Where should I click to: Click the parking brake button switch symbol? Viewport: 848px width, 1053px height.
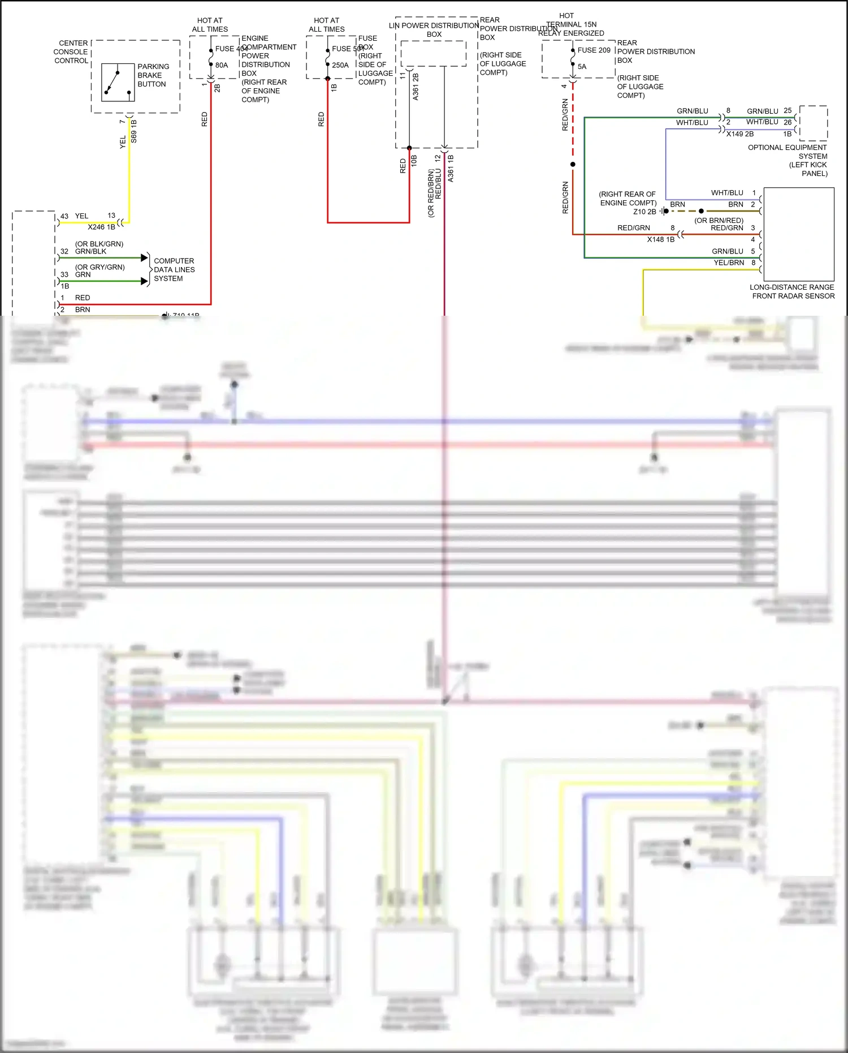[118, 83]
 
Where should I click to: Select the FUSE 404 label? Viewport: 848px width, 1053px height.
[231, 49]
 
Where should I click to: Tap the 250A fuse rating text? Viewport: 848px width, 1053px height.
[340, 65]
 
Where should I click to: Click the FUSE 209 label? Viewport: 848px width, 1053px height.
[594, 50]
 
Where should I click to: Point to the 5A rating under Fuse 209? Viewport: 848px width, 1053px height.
[582, 67]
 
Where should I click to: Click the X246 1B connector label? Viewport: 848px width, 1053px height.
[101, 227]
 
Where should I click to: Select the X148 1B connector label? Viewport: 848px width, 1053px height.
[660, 239]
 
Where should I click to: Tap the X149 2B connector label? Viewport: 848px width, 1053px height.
[739, 134]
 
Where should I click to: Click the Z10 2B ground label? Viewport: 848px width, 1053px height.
[644, 212]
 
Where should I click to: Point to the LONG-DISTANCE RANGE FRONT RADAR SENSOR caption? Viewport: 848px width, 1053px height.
[792, 291]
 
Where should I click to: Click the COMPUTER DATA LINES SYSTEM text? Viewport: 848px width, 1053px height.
[174, 270]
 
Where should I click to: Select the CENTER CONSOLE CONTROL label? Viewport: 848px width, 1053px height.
[71, 52]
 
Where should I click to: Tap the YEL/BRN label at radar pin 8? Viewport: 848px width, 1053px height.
[729, 263]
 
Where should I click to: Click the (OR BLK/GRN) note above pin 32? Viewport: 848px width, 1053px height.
[99, 244]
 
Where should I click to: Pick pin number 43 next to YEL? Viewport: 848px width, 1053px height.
[64, 216]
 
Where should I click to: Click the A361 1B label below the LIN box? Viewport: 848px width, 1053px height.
[451, 168]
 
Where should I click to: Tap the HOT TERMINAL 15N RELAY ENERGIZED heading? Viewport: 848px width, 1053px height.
[570, 24]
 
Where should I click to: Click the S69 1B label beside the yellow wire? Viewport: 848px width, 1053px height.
[134, 131]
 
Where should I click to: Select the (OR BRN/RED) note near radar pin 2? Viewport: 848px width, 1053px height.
[719, 221]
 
